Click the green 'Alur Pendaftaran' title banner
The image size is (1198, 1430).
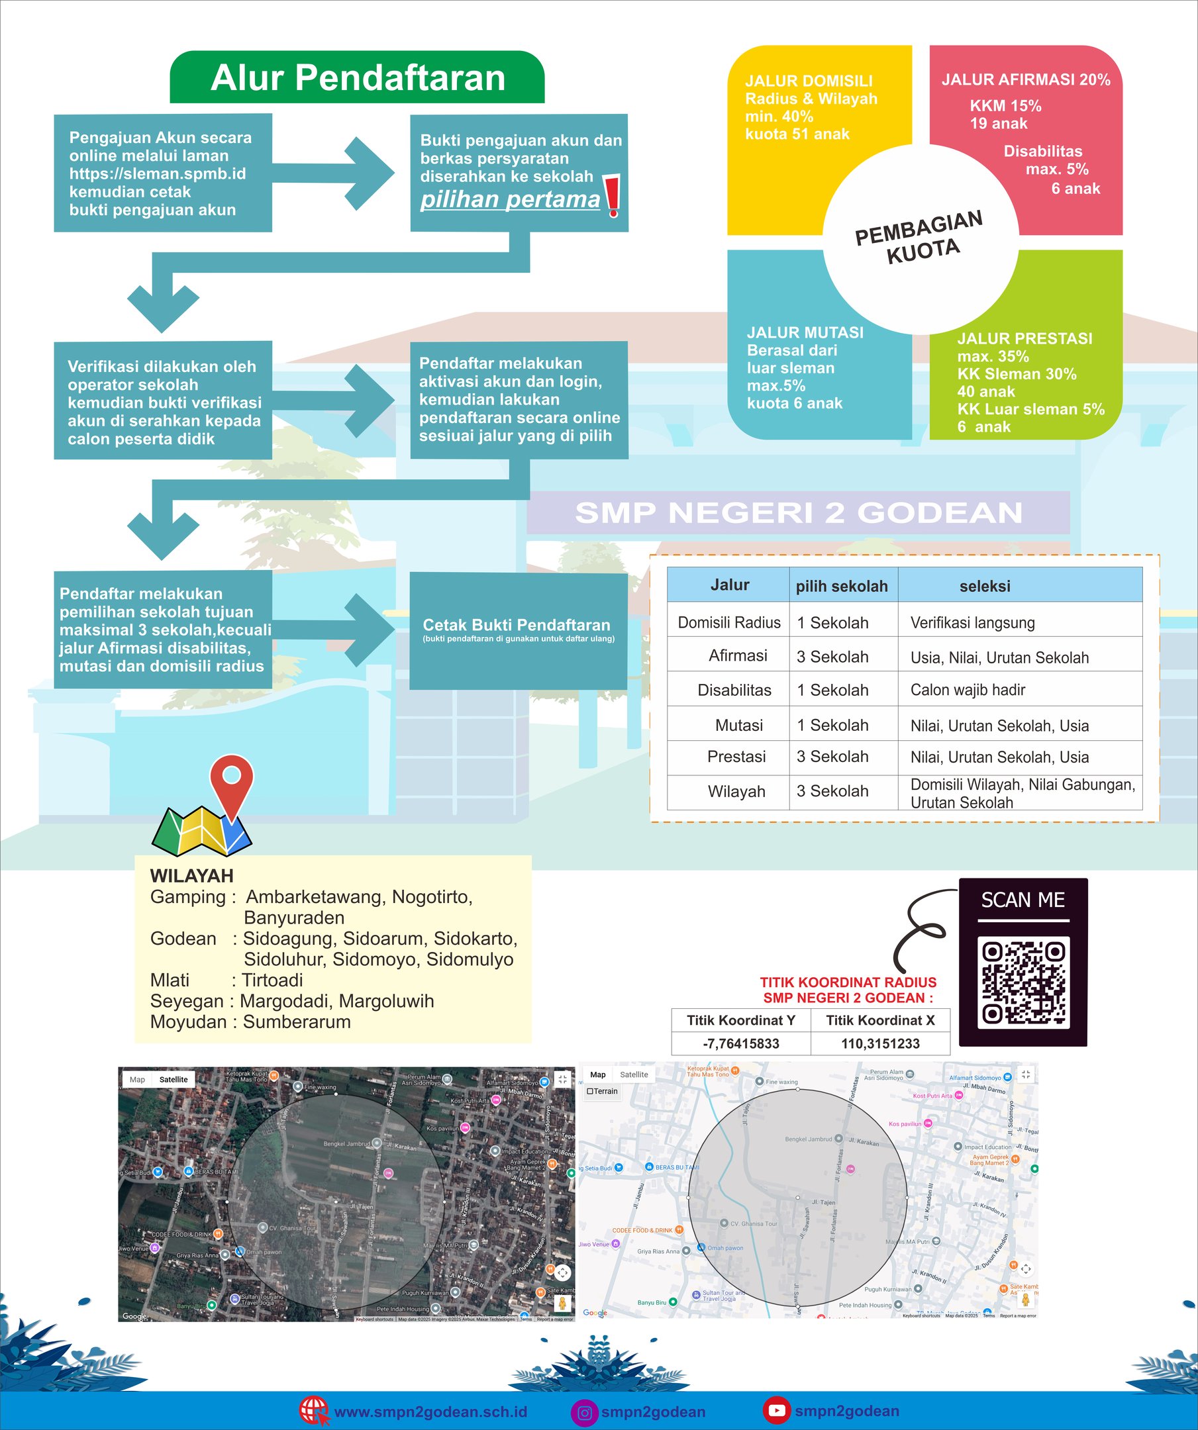(x=357, y=77)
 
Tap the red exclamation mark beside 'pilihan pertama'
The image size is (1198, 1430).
(x=613, y=195)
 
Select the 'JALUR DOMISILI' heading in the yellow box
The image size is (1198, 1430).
(x=809, y=81)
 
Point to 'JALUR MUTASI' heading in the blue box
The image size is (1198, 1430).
(x=805, y=332)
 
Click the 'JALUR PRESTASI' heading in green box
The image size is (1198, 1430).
(x=1024, y=338)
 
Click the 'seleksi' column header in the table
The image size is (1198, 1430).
(x=984, y=587)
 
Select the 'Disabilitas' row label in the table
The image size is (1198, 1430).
(x=734, y=691)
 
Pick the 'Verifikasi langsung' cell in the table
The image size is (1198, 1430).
(x=972, y=623)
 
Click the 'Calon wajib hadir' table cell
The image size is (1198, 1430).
(x=967, y=691)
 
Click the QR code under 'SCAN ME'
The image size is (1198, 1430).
(x=1023, y=982)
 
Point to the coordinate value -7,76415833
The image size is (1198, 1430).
(x=740, y=1044)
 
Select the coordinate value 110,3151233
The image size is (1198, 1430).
(x=880, y=1044)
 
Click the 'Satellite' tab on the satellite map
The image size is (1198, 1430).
(x=174, y=1079)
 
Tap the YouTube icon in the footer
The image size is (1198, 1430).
(x=775, y=1410)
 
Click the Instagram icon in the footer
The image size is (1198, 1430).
(x=583, y=1412)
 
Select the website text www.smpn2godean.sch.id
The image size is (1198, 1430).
(x=430, y=1411)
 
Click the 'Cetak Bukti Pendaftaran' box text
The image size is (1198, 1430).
(x=517, y=625)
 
